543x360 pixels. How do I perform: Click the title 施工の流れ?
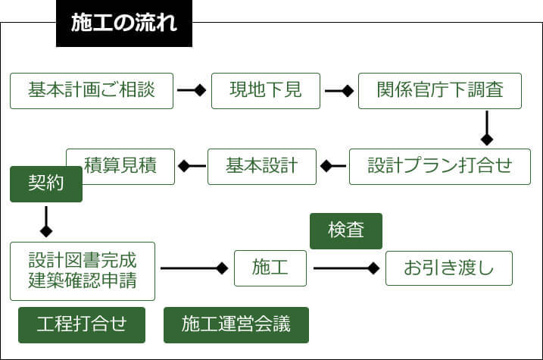(x=124, y=23)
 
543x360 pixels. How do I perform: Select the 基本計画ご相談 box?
(x=92, y=90)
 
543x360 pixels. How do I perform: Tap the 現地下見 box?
(x=265, y=90)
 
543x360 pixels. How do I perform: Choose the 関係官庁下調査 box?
(x=439, y=90)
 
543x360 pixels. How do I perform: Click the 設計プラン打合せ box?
(x=440, y=166)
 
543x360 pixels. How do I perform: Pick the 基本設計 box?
(x=261, y=166)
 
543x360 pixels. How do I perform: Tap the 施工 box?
(x=270, y=268)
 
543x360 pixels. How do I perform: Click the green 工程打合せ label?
(x=82, y=325)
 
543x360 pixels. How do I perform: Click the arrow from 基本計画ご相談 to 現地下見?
(x=192, y=90)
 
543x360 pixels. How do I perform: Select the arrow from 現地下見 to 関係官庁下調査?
(x=339, y=90)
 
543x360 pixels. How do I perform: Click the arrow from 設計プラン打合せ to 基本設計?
(x=332, y=166)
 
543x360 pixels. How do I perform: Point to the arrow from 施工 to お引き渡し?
(x=346, y=268)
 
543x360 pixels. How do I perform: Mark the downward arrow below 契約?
(x=45, y=221)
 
